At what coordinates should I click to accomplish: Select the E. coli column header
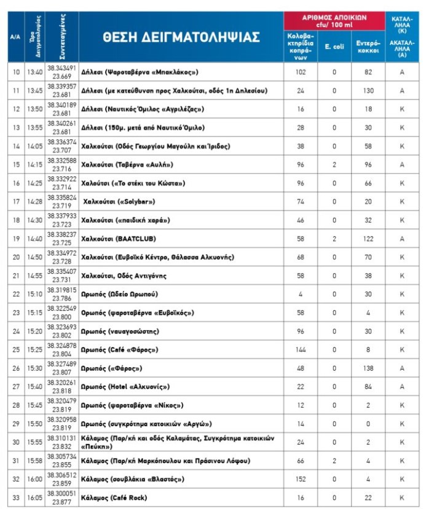click(x=334, y=47)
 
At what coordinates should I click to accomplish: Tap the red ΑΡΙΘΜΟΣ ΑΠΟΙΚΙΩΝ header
click(x=334, y=21)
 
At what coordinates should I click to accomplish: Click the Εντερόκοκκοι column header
click(x=368, y=47)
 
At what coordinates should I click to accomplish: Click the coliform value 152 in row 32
click(x=301, y=480)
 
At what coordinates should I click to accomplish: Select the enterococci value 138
click(x=368, y=368)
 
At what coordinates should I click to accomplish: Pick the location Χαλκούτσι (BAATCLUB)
click(x=124, y=239)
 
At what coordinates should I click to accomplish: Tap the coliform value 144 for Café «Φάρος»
click(x=301, y=350)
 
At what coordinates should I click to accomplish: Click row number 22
click(x=16, y=294)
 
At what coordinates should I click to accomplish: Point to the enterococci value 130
click(x=368, y=91)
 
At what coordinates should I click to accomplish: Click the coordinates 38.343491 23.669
click(x=61, y=72)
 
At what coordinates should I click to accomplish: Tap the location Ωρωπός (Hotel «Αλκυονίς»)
click(x=125, y=387)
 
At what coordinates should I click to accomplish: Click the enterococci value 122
click(x=368, y=239)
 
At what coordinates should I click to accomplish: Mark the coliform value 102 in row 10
click(x=301, y=72)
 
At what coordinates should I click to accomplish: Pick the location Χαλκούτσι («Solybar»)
click(x=119, y=201)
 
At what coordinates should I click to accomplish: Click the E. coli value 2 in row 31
click(x=334, y=461)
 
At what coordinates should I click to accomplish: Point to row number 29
click(x=16, y=424)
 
